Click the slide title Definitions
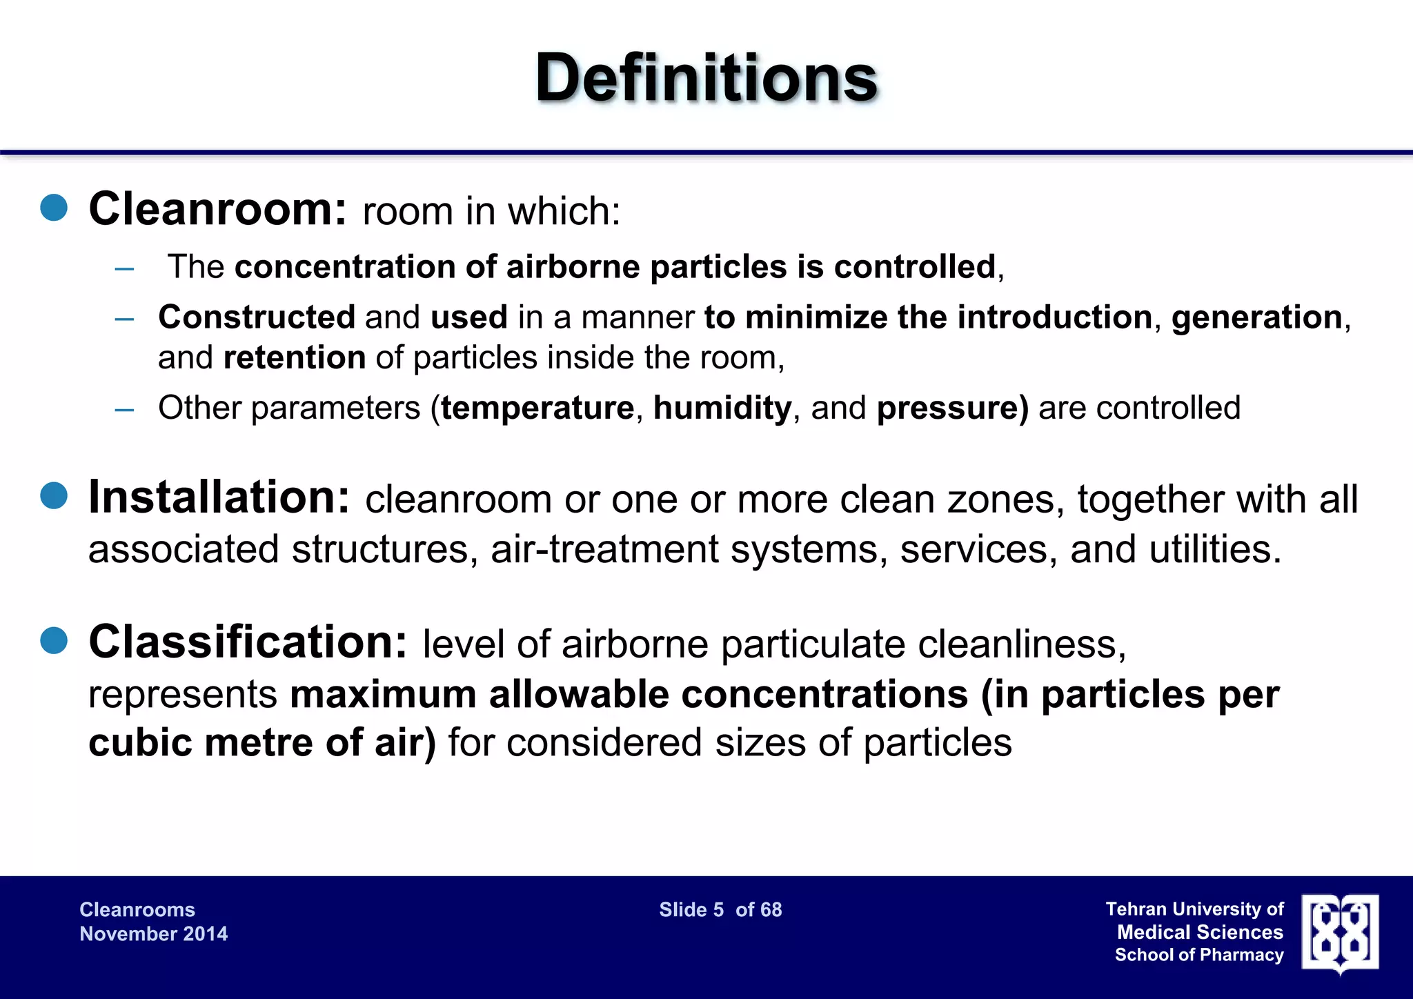pos(706,77)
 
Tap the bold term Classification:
pos(248,642)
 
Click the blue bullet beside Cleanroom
pos(54,208)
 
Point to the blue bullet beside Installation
pos(54,496)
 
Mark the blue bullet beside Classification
pos(54,641)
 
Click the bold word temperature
pos(537,408)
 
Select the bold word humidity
pos(722,408)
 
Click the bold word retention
pos(295,357)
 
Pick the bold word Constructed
pos(257,317)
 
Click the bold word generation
pos(1256,317)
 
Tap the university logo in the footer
pos(1340,933)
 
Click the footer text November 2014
pos(153,934)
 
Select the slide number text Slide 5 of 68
pos(720,910)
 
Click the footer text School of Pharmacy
pos(1199,955)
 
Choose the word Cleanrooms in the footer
pos(137,910)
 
